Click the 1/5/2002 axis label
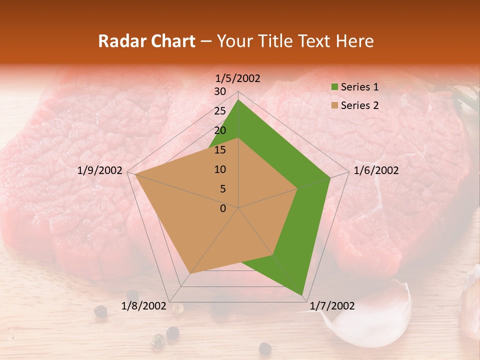(x=238, y=78)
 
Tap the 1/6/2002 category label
(x=376, y=170)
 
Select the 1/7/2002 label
(x=332, y=306)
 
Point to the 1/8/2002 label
(x=143, y=306)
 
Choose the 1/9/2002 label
(x=100, y=170)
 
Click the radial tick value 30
(x=220, y=91)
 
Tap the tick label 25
(x=220, y=111)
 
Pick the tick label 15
(x=220, y=150)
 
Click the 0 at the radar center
(x=223, y=208)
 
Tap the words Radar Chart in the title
(x=146, y=41)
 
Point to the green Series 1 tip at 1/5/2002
(x=238, y=100)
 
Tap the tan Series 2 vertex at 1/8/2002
(x=190, y=273)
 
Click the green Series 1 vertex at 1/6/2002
(x=330, y=177)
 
